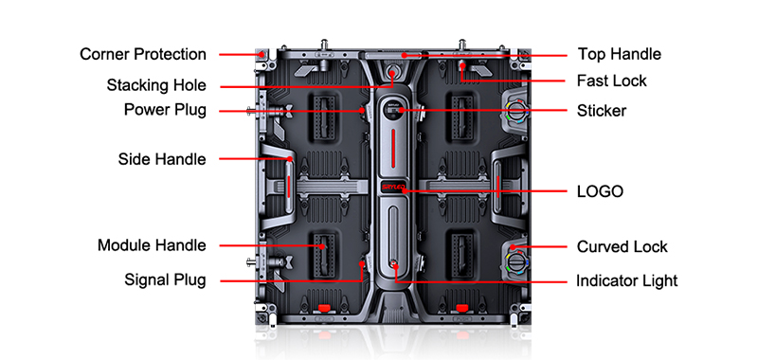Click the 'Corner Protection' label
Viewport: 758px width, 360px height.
click(x=143, y=54)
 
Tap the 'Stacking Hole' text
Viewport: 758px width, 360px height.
click(x=156, y=85)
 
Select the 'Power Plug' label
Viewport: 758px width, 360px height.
click(x=165, y=110)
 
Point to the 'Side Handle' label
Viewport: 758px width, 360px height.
click(x=162, y=159)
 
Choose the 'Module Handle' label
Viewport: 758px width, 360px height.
click(x=152, y=245)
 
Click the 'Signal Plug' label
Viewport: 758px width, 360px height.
click(x=165, y=279)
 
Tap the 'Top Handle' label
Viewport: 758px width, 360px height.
click(x=620, y=54)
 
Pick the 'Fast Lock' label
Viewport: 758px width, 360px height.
click(x=611, y=81)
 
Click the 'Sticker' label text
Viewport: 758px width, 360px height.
click(x=602, y=111)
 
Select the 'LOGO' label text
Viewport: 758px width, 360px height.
click(x=600, y=191)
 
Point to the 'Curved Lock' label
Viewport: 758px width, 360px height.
click(x=623, y=246)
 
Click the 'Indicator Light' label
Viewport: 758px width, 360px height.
click(x=627, y=280)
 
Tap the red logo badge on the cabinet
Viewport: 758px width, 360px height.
click(x=393, y=187)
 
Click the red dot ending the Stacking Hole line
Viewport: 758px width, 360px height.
click(x=392, y=74)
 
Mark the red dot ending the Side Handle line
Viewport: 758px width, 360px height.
click(x=290, y=158)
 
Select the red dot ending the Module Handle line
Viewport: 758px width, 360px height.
click(x=322, y=246)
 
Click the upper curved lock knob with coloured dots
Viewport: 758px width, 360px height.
click(x=517, y=111)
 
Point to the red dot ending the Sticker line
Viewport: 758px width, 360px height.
click(x=400, y=110)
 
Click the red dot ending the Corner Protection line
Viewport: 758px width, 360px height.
click(x=262, y=54)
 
